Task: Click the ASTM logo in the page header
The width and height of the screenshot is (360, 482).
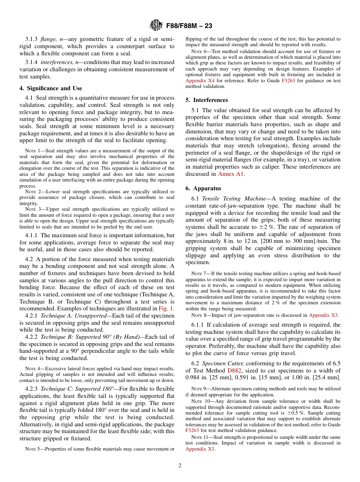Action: click(x=156, y=25)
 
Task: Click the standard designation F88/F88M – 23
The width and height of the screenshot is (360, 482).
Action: click(x=189, y=26)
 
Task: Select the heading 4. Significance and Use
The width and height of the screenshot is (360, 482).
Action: click(x=50, y=88)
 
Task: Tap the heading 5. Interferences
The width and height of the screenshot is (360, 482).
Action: click(x=207, y=100)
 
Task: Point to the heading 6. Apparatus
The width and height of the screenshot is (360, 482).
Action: click(x=203, y=188)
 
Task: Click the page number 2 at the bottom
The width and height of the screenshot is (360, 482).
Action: click(x=180, y=465)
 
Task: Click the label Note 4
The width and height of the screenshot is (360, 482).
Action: click(x=30, y=369)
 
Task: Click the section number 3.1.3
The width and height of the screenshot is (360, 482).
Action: click(x=32, y=39)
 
